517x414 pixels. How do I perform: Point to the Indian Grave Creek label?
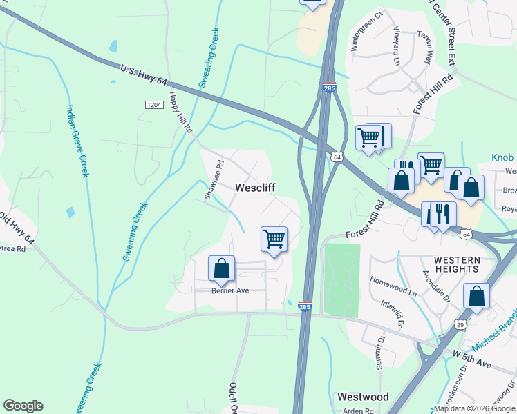coord(77,140)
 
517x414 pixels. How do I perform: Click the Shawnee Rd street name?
coord(215,180)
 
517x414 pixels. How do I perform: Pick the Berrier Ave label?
coord(229,291)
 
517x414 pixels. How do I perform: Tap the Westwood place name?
coord(362,397)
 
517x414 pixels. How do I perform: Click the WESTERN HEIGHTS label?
coord(456,264)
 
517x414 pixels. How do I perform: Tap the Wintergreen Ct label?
coord(366,31)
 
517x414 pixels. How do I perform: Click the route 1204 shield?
coord(153,104)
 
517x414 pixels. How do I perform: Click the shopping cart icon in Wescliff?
coord(274,239)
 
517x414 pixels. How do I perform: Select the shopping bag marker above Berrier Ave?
coord(221,268)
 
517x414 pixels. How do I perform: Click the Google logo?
coord(23,406)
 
